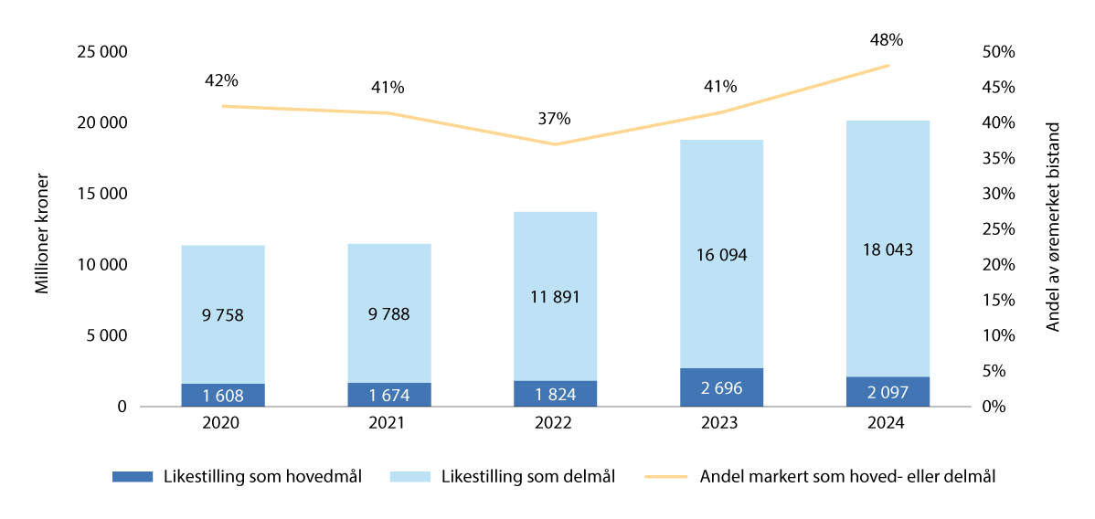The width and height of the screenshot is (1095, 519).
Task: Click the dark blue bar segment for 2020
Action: tap(222, 395)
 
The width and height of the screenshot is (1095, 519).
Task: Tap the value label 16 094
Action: tap(720, 255)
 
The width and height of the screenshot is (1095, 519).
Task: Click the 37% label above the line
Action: tap(554, 118)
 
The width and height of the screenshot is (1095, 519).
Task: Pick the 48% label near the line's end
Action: tap(887, 40)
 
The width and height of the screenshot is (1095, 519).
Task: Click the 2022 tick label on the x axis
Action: tap(554, 423)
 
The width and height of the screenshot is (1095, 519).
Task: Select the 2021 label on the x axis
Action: tap(388, 423)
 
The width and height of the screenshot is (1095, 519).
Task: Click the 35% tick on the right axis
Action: tap(997, 158)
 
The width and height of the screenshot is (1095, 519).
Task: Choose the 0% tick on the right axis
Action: tap(993, 407)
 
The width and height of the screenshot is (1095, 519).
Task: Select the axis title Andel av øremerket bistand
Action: tap(1054, 226)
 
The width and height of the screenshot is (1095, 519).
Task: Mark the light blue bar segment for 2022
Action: tap(554, 256)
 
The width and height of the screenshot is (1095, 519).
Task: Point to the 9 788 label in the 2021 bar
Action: tap(388, 314)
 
